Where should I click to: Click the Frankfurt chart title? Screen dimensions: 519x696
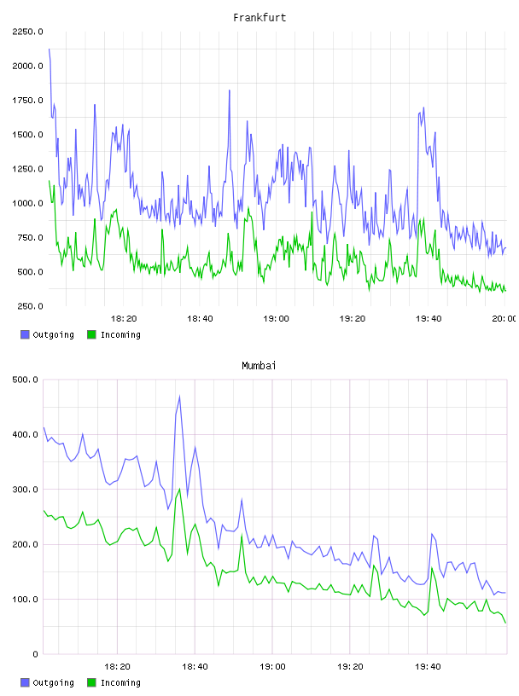click(x=259, y=17)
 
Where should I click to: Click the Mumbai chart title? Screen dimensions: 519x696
click(x=259, y=365)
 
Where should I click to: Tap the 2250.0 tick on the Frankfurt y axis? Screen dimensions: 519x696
click(x=27, y=32)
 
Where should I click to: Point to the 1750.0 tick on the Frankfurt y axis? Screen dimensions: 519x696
click(x=27, y=101)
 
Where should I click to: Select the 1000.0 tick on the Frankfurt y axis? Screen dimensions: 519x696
click(x=27, y=203)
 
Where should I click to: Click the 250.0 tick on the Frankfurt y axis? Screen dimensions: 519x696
click(x=30, y=306)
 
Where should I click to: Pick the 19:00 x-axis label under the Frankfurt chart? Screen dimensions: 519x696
click(x=276, y=318)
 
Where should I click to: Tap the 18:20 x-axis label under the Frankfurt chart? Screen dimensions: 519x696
click(x=124, y=318)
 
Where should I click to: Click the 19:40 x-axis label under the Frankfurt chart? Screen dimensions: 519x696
click(x=429, y=318)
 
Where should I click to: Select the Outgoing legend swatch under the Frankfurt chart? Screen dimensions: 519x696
click(x=25, y=334)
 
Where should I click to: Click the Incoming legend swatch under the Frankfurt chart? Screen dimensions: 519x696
click(x=91, y=334)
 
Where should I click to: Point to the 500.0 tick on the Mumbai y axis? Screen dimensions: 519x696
click(x=26, y=380)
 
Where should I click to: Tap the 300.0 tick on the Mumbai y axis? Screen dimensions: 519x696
click(x=26, y=489)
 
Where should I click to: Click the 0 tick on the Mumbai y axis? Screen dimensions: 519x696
click(x=35, y=654)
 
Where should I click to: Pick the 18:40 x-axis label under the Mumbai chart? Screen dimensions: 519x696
click(x=195, y=666)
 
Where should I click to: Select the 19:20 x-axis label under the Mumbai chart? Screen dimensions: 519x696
click(x=350, y=666)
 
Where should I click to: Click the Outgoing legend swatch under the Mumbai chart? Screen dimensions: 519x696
click(x=25, y=682)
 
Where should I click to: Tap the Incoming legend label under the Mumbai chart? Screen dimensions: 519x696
click(x=120, y=682)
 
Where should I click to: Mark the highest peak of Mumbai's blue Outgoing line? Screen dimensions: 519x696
click(x=179, y=396)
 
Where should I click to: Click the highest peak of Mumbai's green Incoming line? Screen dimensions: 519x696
click(x=179, y=489)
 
